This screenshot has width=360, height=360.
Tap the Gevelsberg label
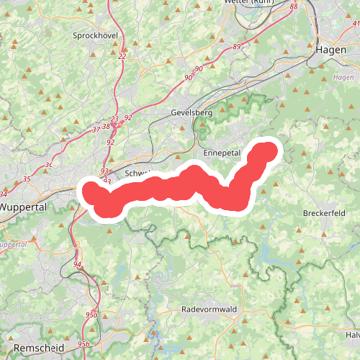192,113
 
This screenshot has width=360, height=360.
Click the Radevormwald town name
209,310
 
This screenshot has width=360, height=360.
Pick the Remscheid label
39,348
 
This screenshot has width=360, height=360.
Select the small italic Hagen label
344,77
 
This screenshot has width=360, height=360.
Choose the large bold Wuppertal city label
23,207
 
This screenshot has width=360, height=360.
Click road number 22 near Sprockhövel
122,56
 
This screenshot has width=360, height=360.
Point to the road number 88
293,6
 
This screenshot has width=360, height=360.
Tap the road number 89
237,46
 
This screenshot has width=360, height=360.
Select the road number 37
97,130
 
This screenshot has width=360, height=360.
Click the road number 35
27,179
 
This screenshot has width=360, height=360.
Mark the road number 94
77,264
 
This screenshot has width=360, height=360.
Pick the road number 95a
91,315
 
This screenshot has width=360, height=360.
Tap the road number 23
114,119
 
